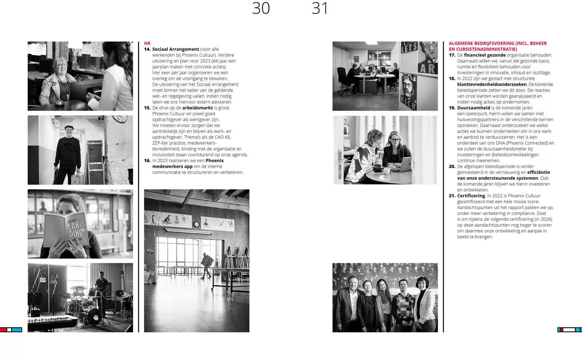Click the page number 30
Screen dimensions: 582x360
261,8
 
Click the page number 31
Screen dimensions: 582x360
320,8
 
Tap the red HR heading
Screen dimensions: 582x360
147,43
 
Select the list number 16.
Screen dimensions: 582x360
147,160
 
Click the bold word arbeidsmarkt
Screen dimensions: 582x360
198,108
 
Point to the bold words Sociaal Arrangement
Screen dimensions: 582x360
176,49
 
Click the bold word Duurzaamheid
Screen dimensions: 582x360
474,108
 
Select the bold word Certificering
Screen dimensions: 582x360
471,196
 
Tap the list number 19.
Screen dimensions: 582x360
452,108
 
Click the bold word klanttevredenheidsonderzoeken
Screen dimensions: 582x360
492,84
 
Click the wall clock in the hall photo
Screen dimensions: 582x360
196,224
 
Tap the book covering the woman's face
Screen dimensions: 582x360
67,229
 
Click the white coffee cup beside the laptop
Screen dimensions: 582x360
386,171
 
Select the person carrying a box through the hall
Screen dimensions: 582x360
207,265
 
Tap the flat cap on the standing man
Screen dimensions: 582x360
69,128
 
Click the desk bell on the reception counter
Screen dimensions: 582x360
59,103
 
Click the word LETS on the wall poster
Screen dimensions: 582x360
409,47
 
